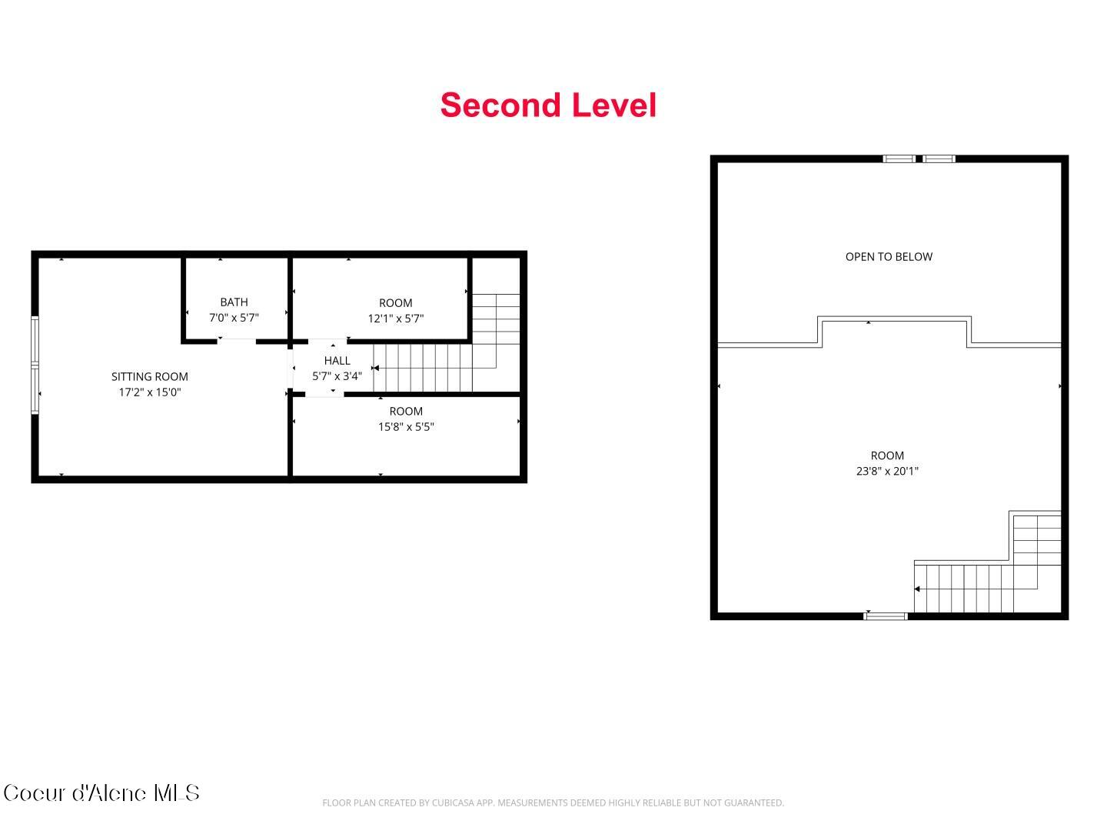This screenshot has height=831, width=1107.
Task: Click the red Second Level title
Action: point(548,105)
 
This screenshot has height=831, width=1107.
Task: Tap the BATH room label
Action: point(234,302)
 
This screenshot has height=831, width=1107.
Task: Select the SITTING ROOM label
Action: point(149,376)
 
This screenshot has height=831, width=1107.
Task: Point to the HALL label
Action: point(337,360)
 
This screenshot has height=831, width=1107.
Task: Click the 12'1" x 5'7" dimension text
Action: point(395,319)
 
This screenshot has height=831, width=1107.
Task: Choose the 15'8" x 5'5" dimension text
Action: point(405,427)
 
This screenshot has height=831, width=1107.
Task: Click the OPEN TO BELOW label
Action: point(889,257)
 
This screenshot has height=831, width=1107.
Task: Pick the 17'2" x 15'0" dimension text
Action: point(149,392)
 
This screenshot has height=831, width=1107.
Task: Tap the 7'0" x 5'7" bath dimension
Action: point(234,318)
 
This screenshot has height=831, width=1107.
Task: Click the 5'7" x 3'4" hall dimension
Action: point(337,376)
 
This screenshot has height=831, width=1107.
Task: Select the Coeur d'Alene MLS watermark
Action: point(101,793)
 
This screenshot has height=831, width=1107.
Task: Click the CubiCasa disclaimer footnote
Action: point(553,803)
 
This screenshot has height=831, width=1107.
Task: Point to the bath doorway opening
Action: point(237,340)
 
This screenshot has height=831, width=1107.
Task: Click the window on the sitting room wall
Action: point(35,365)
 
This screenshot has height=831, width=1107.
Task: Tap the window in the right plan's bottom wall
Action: point(886,616)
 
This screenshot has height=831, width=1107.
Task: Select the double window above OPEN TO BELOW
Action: point(919,159)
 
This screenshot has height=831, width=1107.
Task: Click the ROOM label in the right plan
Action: point(886,456)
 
